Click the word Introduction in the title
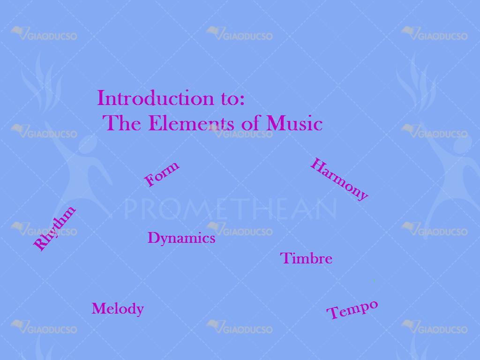click(x=156, y=98)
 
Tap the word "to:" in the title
click(x=232, y=99)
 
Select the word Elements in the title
click(x=192, y=123)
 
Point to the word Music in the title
click(x=294, y=123)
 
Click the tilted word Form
click(x=161, y=173)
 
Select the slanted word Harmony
click(x=339, y=180)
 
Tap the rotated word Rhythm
click(x=54, y=228)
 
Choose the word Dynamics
click(x=181, y=238)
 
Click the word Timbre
click(x=306, y=258)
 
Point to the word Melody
click(x=118, y=308)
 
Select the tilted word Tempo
click(x=352, y=310)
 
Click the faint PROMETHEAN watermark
click(x=231, y=209)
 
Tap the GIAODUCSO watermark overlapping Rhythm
click(x=44, y=230)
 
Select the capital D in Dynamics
click(x=154, y=238)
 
